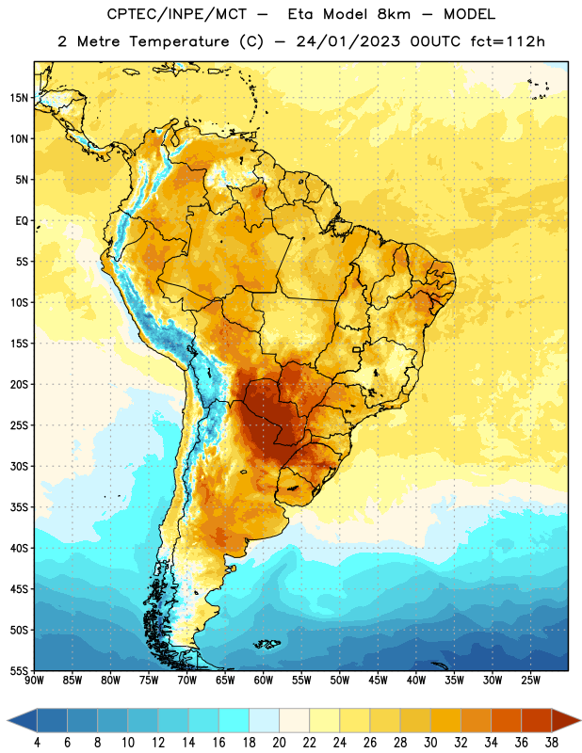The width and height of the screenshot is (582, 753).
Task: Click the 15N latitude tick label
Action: (19, 98)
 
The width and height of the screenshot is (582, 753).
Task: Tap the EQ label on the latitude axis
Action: (22, 221)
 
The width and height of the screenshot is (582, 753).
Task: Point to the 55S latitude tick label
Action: (19, 670)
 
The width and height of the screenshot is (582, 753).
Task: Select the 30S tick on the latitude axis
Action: (19, 466)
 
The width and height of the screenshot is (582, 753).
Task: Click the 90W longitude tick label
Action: (34, 681)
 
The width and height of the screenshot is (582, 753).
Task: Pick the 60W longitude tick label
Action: (264, 681)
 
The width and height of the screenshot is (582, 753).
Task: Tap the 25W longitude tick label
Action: (530, 681)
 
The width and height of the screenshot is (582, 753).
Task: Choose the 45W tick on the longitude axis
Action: (378, 681)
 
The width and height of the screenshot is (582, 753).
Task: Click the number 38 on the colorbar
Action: (552, 743)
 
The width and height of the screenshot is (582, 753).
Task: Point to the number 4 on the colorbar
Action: (37, 743)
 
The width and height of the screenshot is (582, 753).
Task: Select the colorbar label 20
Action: (279, 743)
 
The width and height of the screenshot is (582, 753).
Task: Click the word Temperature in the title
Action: (179, 41)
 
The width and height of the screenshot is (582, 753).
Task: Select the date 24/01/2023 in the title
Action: (348, 41)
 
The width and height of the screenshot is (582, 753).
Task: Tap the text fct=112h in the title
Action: (508, 41)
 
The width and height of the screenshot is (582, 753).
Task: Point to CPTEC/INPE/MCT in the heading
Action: (177, 14)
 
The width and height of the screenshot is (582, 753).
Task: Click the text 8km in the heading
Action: (394, 14)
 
